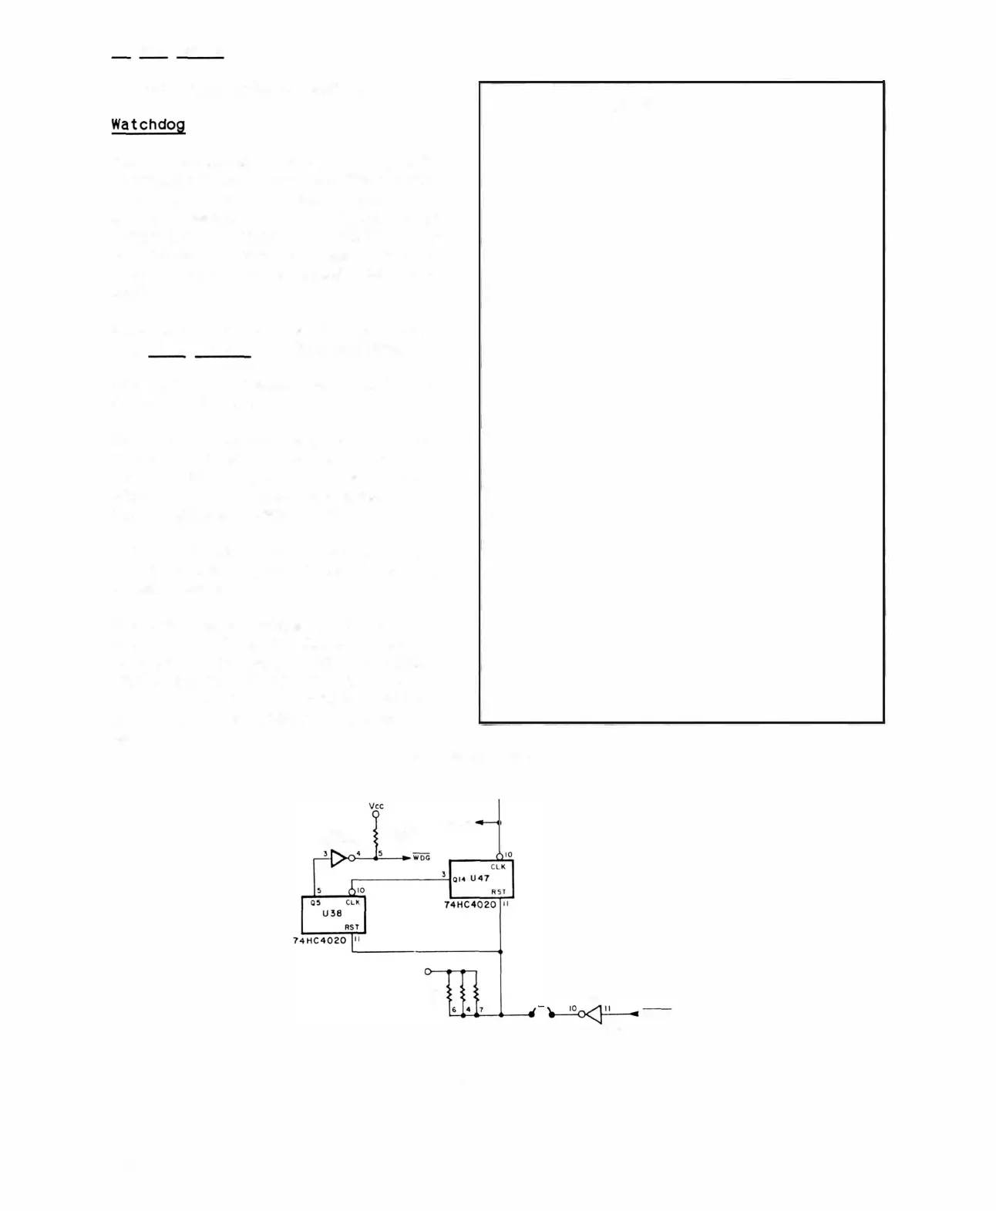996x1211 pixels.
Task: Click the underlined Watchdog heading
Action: click(x=148, y=124)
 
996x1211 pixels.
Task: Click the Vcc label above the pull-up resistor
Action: click(x=376, y=806)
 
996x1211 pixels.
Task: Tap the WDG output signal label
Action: click(x=421, y=857)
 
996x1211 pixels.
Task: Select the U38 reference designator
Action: click(x=332, y=913)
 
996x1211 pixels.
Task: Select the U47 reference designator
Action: click(x=479, y=878)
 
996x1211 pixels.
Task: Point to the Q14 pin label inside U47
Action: click(x=459, y=879)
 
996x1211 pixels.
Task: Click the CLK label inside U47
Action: click(x=498, y=867)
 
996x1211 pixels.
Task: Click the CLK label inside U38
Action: click(x=353, y=902)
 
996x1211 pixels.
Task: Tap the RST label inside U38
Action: click(x=352, y=927)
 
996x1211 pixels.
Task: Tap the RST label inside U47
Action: click(x=499, y=892)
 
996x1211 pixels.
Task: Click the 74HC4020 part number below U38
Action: click(x=320, y=940)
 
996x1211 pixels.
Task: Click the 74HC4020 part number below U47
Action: click(x=470, y=905)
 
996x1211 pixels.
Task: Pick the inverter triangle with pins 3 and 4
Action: click(x=339, y=857)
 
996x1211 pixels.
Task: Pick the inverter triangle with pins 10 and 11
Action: click(x=592, y=1014)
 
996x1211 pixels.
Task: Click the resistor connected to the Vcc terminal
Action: click(x=376, y=836)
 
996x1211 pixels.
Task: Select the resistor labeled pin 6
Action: click(x=449, y=994)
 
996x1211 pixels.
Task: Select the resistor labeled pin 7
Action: click(x=476, y=994)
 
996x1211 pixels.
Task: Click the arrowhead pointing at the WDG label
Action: click(x=406, y=857)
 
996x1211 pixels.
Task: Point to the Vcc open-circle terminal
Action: click(x=376, y=815)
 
